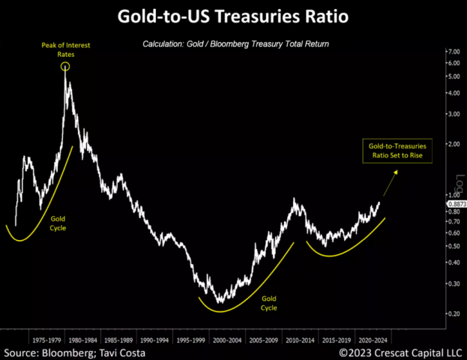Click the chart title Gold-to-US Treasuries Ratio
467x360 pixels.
234,16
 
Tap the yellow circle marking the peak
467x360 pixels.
65,67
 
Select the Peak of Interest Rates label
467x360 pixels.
66,50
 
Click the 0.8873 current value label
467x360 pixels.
456,205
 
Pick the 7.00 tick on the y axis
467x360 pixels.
452,51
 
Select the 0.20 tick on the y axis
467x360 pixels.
452,313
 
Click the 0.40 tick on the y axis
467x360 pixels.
452,262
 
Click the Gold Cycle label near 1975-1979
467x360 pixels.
58,222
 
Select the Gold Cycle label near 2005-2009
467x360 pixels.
268,303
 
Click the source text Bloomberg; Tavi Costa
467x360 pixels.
75,352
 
